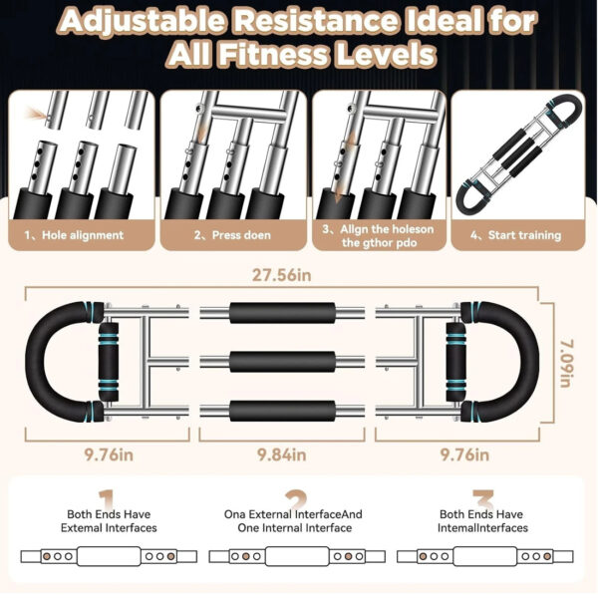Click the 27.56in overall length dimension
(x=281, y=275)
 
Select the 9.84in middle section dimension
(x=281, y=454)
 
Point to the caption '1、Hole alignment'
(x=74, y=235)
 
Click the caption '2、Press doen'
(x=232, y=235)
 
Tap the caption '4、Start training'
(x=515, y=235)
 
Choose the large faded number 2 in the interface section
(x=296, y=499)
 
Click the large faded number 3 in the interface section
(x=483, y=499)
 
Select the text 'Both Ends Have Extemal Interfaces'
(x=109, y=521)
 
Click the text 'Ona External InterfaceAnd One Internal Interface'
(x=293, y=521)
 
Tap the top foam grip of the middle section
(x=282, y=313)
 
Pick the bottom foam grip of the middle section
(x=282, y=411)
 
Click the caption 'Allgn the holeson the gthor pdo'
(x=378, y=236)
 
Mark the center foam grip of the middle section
(x=282, y=362)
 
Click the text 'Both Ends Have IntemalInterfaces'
(x=482, y=521)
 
